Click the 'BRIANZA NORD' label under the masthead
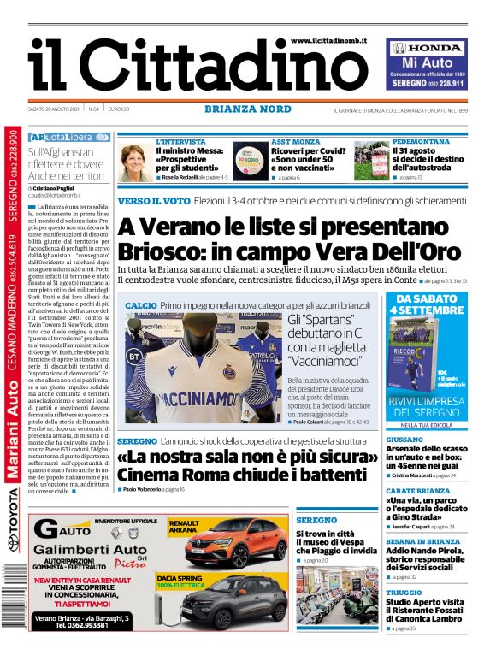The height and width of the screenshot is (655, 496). point(247,109)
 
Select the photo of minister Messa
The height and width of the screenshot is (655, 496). point(136,161)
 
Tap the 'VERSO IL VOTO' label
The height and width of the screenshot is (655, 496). point(154,200)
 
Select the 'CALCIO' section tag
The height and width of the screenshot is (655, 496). point(140,305)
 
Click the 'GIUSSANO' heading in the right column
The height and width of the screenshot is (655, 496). point(404,439)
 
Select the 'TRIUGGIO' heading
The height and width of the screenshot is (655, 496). point(404,592)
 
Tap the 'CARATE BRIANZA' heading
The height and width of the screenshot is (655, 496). point(417,491)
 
